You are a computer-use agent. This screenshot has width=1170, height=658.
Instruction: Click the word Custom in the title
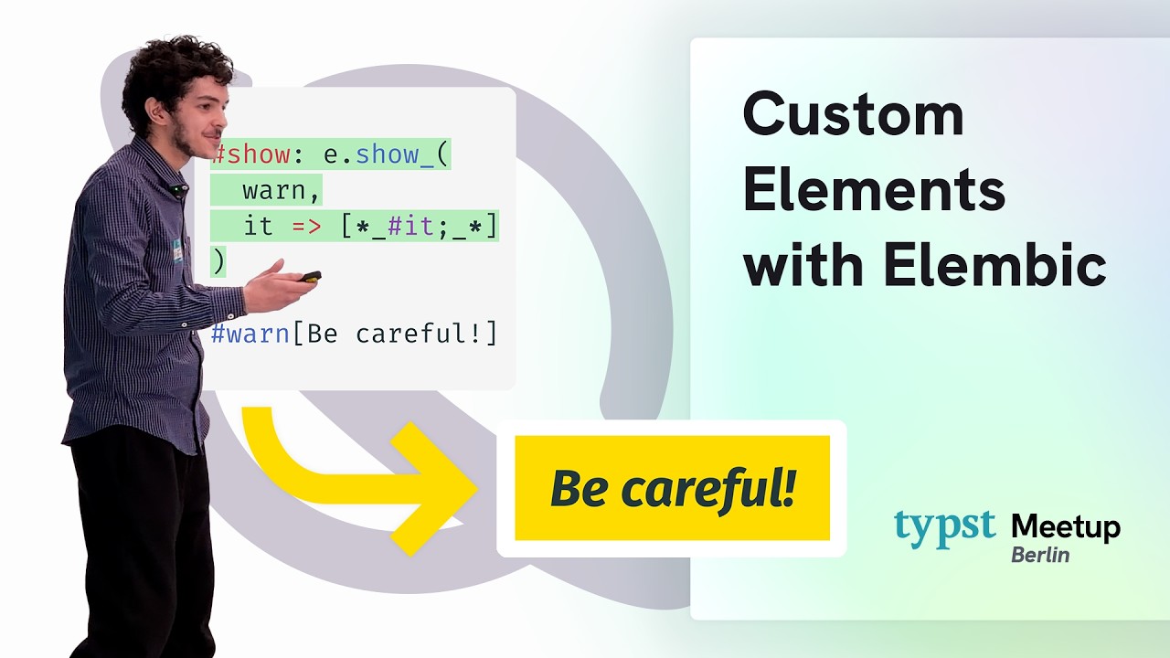pyautogui.click(x=853, y=116)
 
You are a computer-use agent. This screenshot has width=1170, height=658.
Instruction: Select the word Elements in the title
pyautogui.click(x=874, y=192)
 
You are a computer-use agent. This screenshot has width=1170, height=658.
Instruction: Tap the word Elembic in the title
pyautogui.click(x=995, y=266)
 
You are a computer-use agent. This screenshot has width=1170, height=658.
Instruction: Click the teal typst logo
pyautogui.click(x=944, y=527)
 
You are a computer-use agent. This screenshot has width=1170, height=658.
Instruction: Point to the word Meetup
pyautogui.click(x=1065, y=527)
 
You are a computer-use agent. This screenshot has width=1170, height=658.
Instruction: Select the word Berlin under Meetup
pyautogui.click(x=1039, y=555)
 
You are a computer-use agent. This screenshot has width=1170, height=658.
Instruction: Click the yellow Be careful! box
pyautogui.click(x=672, y=488)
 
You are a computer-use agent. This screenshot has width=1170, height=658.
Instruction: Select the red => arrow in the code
pyautogui.click(x=307, y=227)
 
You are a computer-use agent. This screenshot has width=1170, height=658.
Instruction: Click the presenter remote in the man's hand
pyautogui.click(x=310, y=276)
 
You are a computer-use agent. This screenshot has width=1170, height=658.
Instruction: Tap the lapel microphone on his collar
pyautogui.click(x=176, y=190)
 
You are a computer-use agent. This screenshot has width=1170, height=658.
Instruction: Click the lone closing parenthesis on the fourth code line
pyautogui.click(x=218, y=262)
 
